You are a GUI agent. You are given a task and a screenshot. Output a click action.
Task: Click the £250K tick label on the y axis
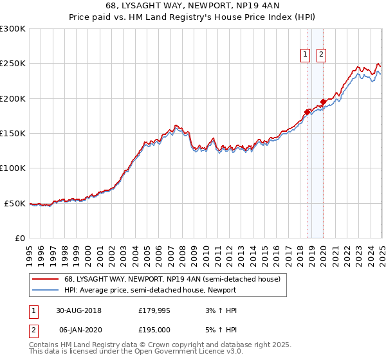[x=14, y=64]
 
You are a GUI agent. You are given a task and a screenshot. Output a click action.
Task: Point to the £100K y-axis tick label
[x=14, y=168]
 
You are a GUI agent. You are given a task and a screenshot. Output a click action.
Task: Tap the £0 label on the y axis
[x=20, y=238]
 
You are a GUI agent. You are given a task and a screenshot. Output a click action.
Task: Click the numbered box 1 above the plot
[x=305, y=55]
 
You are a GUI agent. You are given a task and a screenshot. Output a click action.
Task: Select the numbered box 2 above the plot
[x=321, y=55]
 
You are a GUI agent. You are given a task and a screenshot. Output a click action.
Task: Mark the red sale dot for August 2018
[x=308, y=112]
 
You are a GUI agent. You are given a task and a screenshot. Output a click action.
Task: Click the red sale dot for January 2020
[x=323, y=101]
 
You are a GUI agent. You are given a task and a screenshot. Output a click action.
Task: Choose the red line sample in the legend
[x=44, y=280]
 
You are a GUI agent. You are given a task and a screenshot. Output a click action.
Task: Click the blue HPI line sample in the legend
[x=44, y=290]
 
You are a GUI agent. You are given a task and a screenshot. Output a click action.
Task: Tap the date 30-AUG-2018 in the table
[x=79, y=310]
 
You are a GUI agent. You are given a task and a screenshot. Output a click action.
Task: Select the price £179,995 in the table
[x=154, y=310]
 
